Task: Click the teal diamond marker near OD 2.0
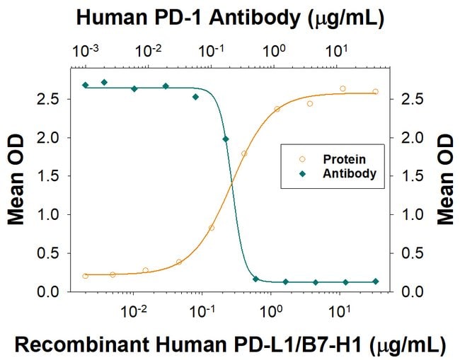click(x=226, y=139)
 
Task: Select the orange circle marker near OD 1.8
click(x=244, y=153)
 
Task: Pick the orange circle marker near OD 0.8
click(x=212, y=228)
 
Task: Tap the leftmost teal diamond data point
click(x=85, y=85)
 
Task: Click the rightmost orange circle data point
click(x=375, y=91)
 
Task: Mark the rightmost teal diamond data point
click(x=375, y=281)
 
